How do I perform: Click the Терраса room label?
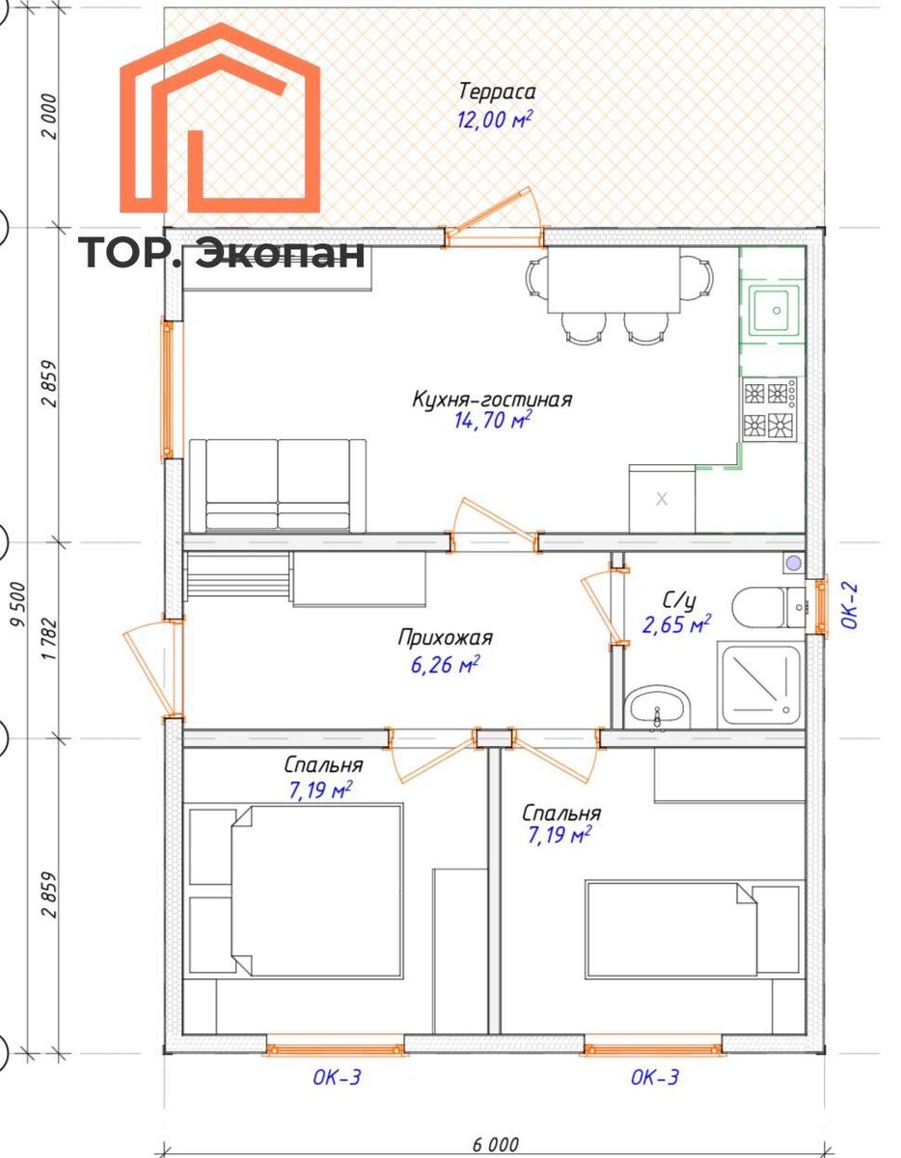tap(496, 93)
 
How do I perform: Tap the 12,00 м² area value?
tap(494, 119)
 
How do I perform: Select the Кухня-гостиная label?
tap(492, 400)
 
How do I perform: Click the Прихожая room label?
tap(445, 637)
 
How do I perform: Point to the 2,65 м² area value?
tap(676, 624)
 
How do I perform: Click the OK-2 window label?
tap(850, 606)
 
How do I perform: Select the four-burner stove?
tap(770, 409)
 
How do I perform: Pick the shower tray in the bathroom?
tap(760, 685)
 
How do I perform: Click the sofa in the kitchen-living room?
tap(278, 485)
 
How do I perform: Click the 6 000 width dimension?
tap(495, 1144)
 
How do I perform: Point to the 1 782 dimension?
tap(49, 639)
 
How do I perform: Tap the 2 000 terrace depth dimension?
tap(49, 116)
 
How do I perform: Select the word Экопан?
tap(280, 254)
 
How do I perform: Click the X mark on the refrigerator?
tap(662, 499)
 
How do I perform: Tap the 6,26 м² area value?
tap(445, 665)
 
